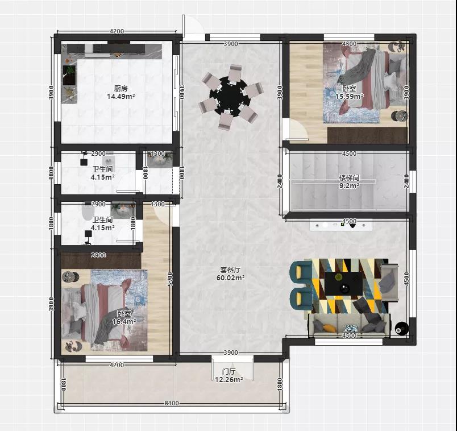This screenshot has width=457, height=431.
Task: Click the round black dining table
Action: coord(230,96)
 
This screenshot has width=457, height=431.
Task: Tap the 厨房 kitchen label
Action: coord(121,88)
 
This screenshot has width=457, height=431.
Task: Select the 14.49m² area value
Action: coord(121,97)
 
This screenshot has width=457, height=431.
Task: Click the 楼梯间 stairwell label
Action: coord(349,177)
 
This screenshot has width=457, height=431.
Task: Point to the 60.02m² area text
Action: coord(230,278)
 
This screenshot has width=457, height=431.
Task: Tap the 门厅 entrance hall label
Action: coord(229,372)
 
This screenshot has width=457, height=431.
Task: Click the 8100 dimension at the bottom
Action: coord(172,403)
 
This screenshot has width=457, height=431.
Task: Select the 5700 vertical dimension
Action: coord(171,279)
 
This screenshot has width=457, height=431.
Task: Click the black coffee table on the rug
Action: coord(344,284)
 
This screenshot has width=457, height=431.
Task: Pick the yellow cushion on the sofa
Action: coord(329,328)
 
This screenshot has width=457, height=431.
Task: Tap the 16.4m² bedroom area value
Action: coord(124,322)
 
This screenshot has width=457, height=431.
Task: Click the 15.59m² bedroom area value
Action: coord(349,96)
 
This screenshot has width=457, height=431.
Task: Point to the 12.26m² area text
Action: coord(229,380)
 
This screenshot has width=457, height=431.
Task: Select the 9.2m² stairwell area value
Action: coord(349,185)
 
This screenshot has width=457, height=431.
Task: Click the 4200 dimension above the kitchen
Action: coord(117,31)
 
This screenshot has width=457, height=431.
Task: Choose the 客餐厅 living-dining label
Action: coord(230,270)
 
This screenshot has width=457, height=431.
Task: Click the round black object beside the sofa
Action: coord(401,328)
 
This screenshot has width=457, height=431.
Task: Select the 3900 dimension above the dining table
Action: coord(231,44)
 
